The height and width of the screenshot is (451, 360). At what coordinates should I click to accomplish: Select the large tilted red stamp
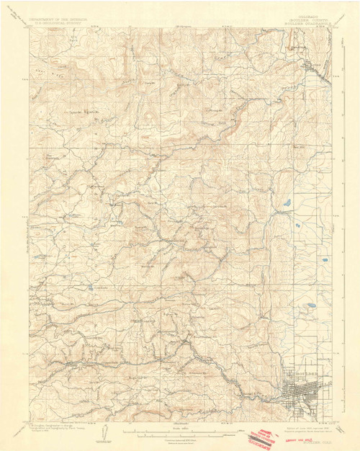(x=263, y=439)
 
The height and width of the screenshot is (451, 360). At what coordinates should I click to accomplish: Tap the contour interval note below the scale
(x=180, y=439)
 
